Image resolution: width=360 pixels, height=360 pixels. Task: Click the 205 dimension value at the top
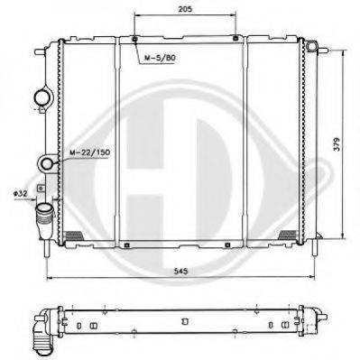coord(185,9)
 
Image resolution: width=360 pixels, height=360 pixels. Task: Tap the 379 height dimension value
coord(337,144)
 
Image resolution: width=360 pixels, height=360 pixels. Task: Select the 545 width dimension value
coord(180,271)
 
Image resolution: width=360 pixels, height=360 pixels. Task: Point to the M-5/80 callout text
coord(159,58)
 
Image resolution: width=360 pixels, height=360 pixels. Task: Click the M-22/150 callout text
coord(90,152)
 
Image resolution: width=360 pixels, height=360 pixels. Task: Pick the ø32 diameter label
coord(20,193)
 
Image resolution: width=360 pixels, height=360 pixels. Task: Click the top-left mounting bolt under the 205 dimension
coord(134,39)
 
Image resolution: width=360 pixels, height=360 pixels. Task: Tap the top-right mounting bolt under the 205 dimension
coord(235,38)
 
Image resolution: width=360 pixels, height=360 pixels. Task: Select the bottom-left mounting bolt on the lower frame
coord(126,245)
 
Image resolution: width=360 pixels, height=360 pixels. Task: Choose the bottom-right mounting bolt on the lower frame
coord(227,245)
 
